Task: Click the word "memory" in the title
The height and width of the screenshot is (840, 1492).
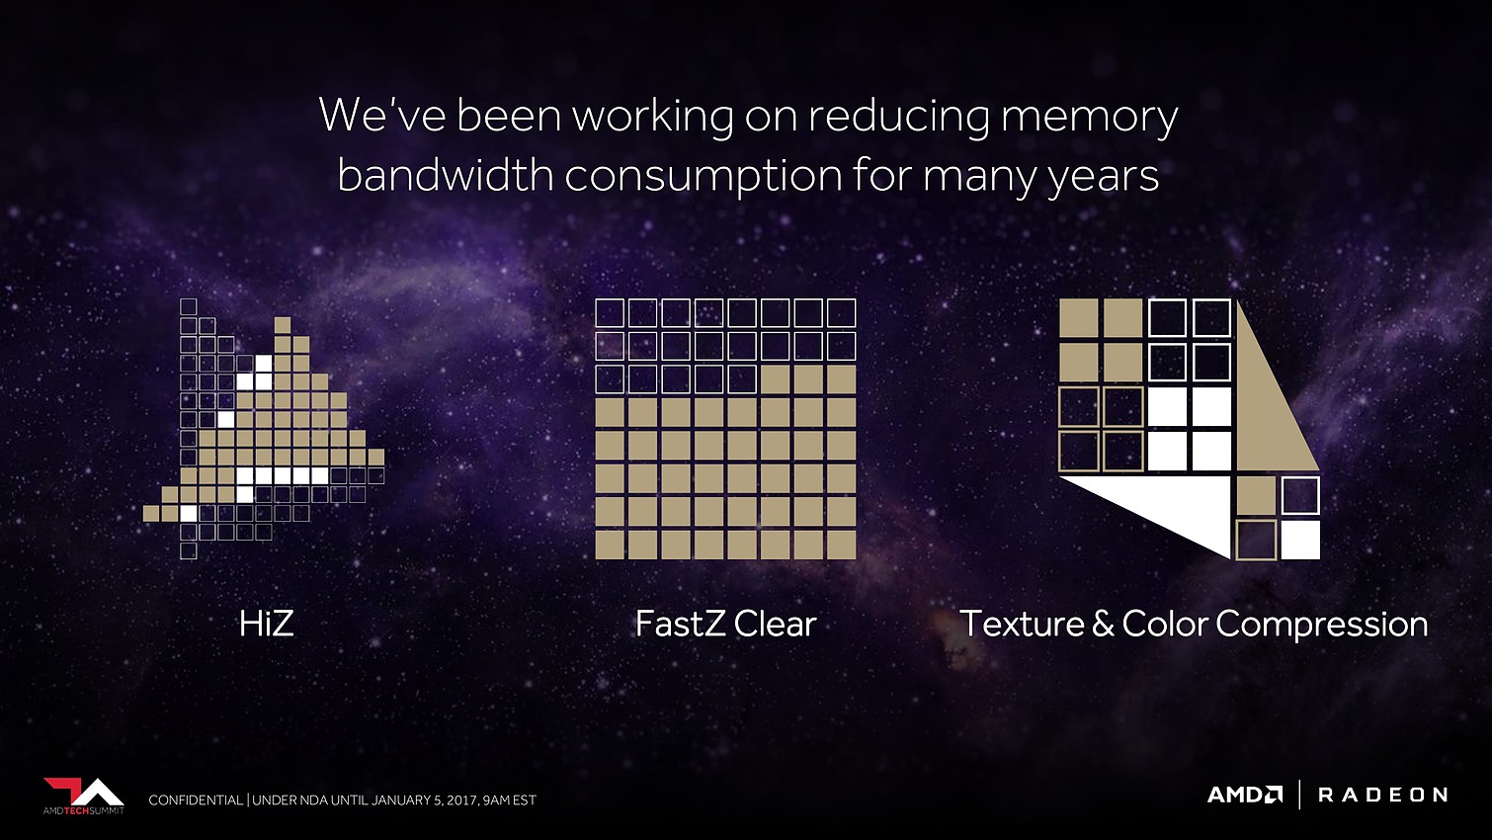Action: pyautogui.click(x=1090, y=118)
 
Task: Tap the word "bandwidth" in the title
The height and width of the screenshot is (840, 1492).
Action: pyautogui.click(x=446, y=175)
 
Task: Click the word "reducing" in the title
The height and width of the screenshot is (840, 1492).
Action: pyautogui.click(x=899, y=118)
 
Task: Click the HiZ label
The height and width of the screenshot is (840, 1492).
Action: pyautogui.click(x=267, y=624)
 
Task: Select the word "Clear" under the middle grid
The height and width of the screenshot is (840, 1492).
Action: pyautogui.click(x=776, y=624)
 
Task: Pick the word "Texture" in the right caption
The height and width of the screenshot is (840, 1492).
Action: pyautogui.click(x=1023, y=624)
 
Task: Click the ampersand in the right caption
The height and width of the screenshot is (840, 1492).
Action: pyautogui.click(x=1103, y=625)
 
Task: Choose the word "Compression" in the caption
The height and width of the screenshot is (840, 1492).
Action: pyautogui.click(x=1322, y=626)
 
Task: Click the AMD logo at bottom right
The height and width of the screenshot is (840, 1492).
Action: pyautogui.click(x=1245, y=795)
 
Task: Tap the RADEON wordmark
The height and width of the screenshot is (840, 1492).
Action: pyautogui.click(x=1382, y=795)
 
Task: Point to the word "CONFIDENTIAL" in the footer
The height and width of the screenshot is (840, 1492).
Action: pyautogui.click(x=196, y=800)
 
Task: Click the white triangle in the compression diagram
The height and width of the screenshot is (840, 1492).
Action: pyautogui.click(x=1172, y=506)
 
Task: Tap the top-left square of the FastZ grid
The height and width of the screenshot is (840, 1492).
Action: pyautogui.click(x=610, y=312)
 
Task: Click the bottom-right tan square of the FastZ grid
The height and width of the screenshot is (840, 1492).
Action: pyautogui.click(x=841, y=545)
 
